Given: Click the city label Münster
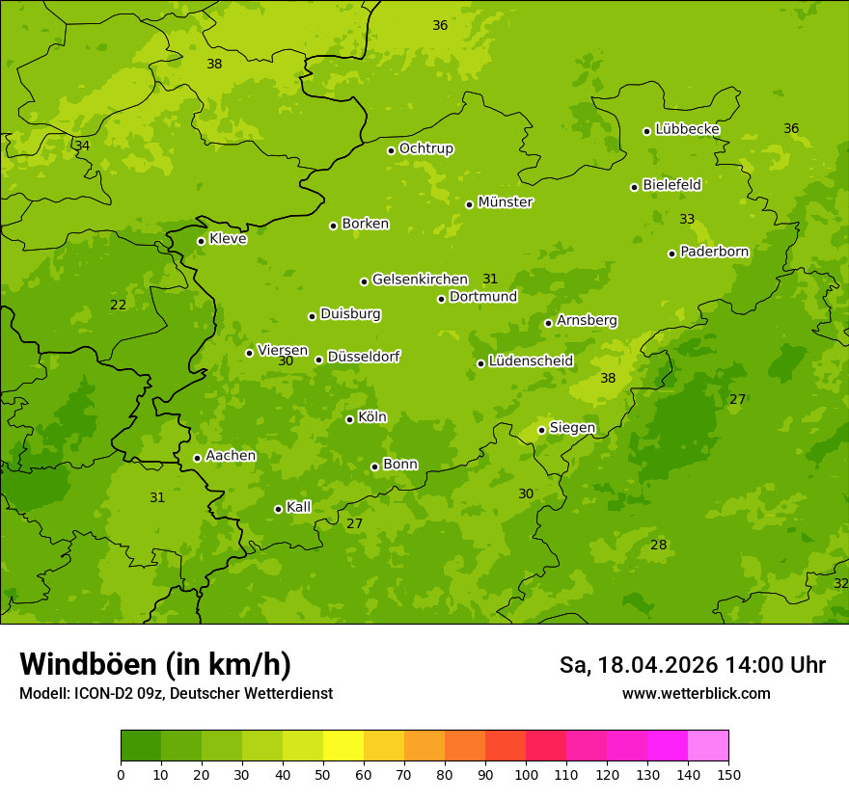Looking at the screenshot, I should (506, 202).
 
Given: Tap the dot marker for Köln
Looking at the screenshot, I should (349, 419).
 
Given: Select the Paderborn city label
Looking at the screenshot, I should (715, 252).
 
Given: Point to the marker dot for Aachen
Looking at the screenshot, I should (197, 458).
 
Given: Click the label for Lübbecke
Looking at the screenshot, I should (687, 129).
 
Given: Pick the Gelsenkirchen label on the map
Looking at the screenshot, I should (420, 280).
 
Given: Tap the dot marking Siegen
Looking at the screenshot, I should (541, 430).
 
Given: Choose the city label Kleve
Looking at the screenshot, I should (228, 239).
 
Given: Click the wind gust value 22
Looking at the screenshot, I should (118, 306).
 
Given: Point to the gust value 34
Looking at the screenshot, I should (82, 146).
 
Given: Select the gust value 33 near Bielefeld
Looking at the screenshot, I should (687, 220).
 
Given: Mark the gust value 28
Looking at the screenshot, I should (658, 546).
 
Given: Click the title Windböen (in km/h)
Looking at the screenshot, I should (155, 664).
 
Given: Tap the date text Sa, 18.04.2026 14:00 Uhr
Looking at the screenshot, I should (692, 665).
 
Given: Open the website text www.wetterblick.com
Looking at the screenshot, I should (696, 694).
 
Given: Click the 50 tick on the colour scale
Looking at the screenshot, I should (323, 774).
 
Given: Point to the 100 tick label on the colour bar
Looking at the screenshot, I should (526, 774).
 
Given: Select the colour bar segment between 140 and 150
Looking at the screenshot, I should (708, 746).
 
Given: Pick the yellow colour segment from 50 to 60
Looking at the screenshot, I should (343, 746).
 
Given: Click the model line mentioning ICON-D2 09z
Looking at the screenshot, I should (176, 694).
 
